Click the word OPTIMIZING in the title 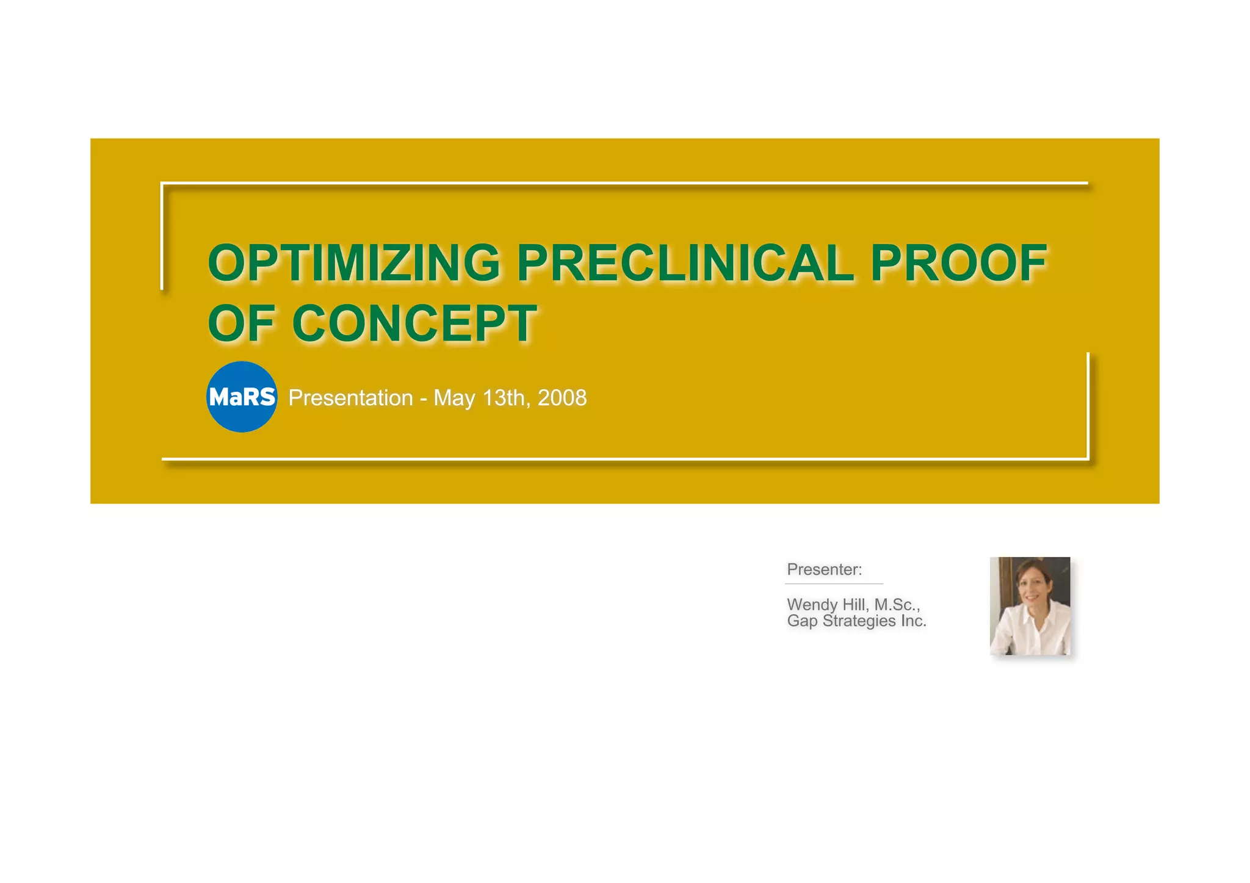click(354, 263)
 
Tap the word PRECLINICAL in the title click(685, 263)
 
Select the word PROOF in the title click(958, 263)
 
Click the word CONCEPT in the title click(414, 323)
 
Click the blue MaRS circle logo click(242, 397)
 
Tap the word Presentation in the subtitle click(350, 398)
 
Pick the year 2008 click(562, 398)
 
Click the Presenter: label click(824, 569)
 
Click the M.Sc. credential click(897, 605)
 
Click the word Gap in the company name click(802, 621)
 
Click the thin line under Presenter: click(834, 584)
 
